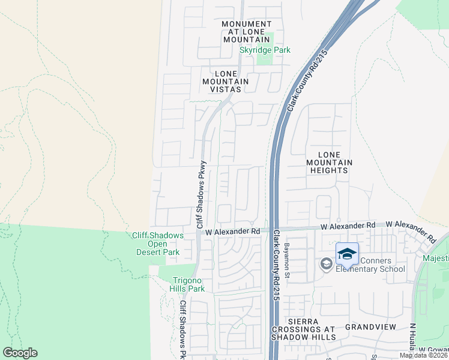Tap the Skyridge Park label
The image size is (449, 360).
click(265, 50)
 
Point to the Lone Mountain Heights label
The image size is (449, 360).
click(329, 162)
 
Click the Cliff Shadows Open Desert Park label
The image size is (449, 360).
click(157, 244)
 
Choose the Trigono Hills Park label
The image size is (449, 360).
click(180, 284)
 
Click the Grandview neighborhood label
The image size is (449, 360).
click(370, 327)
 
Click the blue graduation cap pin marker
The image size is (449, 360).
click(346, 254)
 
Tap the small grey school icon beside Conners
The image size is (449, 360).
click(325, 265)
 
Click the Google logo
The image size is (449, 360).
click(20, 353)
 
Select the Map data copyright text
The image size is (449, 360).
click(424, 355)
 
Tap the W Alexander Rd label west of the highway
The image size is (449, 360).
click(232, 231)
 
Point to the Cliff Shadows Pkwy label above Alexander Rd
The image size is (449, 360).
click(202, 193)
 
